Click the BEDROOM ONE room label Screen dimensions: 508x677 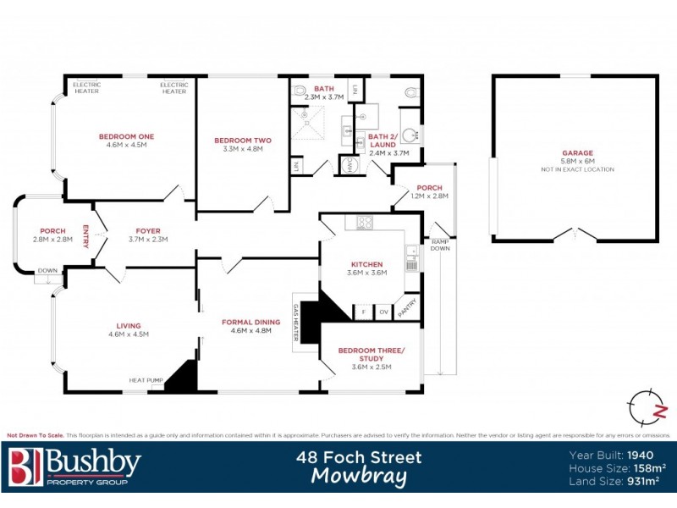click(x=126, y=136)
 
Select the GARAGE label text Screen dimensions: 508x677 click(x=577, y=153)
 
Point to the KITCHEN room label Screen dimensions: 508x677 click(x=367, y=264)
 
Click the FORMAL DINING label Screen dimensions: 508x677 click(x=250, y=322)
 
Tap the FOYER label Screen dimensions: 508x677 click(x=148, y=230)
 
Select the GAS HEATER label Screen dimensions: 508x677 click(x=296, y=323)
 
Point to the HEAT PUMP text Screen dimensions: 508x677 click(x=145, y=380)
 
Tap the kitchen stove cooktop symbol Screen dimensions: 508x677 click(x=365, y=224)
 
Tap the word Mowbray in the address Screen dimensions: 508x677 click(x=359, y=476)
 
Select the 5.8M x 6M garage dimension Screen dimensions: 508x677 click(x=577, y=162)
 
